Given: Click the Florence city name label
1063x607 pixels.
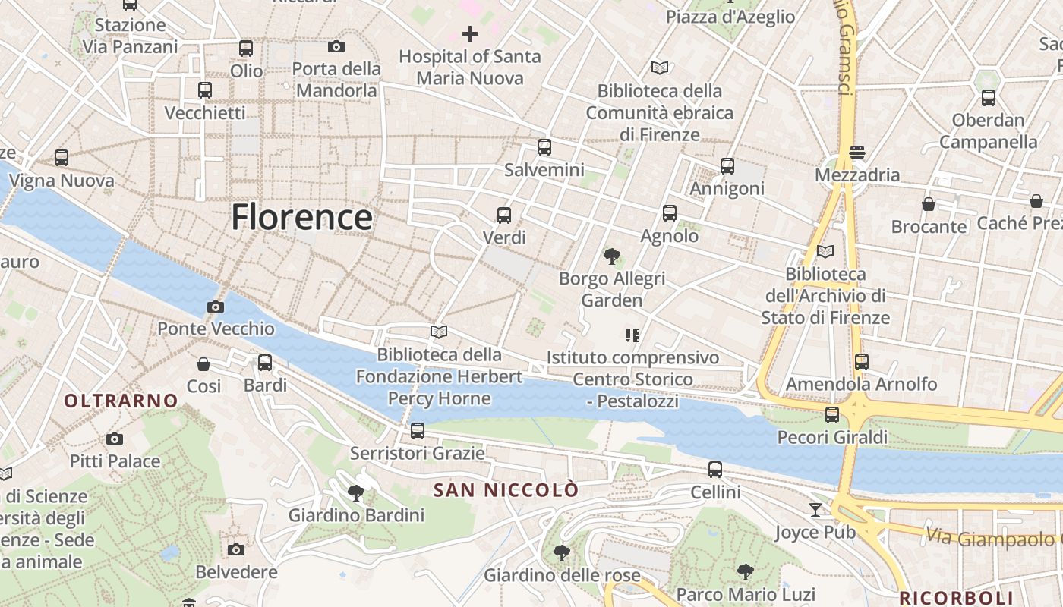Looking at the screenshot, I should click(301, 217).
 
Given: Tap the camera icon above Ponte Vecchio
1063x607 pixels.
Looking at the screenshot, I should click(216, 307).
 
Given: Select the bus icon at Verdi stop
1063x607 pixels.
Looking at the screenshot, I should click(504, 215).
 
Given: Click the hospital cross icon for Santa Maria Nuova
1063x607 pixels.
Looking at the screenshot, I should click(470, 34).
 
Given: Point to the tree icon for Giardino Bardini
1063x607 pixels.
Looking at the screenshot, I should click(355, 493).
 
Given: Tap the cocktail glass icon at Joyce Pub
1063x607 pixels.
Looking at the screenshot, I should click(815, 509).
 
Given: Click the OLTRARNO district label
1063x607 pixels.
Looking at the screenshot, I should click(121, 401).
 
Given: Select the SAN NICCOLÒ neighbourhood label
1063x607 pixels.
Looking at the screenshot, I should click(506, 490).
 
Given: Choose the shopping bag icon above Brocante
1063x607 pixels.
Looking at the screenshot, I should click(929, 204).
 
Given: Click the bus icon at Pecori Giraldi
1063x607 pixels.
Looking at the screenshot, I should click(832, 415).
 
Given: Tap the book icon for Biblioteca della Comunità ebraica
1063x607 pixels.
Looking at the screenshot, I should click(660, 68).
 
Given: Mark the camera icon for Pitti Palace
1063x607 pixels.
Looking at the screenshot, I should click(115, 439).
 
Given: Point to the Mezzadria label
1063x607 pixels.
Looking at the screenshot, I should click(856, 175).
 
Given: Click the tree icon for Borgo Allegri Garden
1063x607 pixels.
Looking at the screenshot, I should click(611, 256).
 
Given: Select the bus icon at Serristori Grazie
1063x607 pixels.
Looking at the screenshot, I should click(417, 431).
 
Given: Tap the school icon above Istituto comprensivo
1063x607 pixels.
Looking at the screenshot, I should click(632, 335).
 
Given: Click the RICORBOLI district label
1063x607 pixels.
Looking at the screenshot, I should click(956, 597).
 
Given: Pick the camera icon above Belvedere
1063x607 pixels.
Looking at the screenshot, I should click(236, 549).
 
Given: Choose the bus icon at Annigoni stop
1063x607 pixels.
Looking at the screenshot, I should click(727, 166).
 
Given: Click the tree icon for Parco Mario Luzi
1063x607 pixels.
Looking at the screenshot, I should click(746, 572).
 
